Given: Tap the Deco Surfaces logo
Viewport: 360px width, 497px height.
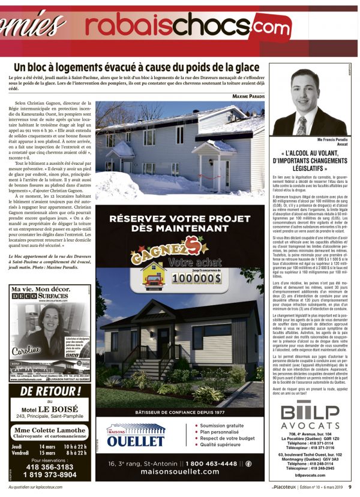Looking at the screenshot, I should coord(41,296).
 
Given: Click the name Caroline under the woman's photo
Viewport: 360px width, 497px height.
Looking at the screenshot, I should coord(23,348).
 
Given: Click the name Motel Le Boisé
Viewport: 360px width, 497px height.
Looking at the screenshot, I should coord(50,409).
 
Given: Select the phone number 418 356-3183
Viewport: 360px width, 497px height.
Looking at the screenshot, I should coord(50,466).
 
